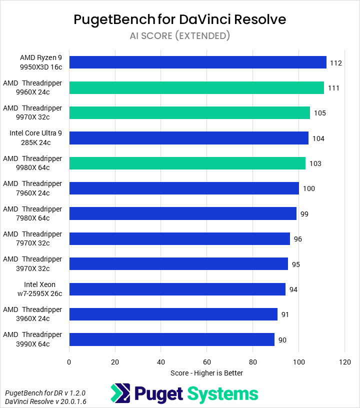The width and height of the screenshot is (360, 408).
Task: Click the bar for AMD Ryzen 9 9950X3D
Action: pyautogui.click(x=197, y=62)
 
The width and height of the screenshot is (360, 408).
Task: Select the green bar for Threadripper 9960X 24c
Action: pyautogui.click(x=196, y=87)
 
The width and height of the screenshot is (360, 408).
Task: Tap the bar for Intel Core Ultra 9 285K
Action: pyautogui.click(x=189, y=138)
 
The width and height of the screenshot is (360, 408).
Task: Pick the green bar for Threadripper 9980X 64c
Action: pyautogui.click(x=187, y=163)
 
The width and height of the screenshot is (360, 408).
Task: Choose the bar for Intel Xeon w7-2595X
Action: pyautogui.click(x=177, y=289)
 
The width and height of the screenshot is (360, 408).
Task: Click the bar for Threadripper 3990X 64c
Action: pyautogui.click(x=172, y=339)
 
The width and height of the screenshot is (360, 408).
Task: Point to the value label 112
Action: pyautogui.click(x=336, y=63)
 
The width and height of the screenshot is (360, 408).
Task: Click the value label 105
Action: pyautogui.click(x=320, y=113)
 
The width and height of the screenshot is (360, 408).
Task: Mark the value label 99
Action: pyautogui.click(x=304, y=214)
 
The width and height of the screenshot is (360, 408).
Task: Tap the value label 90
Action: pyautogui.click(x=282, y=340)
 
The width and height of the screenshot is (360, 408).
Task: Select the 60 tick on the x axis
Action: pyautogui.click(x=207, y=361)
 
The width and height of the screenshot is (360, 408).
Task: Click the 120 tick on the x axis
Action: pyautogui.click(x=344, y=361)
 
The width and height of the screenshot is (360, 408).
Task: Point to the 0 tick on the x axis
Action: pyautogui.click(x=69, y=361)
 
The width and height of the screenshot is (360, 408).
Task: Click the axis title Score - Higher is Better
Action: pyautogui.click(x=206, y=373)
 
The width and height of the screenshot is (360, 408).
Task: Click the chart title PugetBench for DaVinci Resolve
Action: pyautogui.click(x=180, y=19)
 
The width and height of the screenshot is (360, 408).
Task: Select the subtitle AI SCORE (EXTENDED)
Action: pyautogui.click(x=180, y=35)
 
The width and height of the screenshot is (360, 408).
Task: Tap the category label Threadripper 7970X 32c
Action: pyautogui.click(x=32, y=238)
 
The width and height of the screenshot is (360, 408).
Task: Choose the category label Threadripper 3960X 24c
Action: pyautogui.click(x=32, y=314)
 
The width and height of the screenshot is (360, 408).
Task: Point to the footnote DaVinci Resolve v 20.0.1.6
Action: pyautogui.click(x=38, y=401)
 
